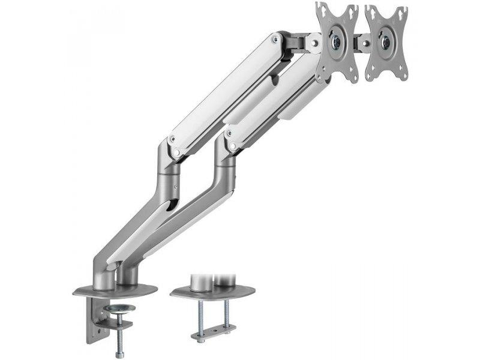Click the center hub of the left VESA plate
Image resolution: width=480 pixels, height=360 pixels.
click(336, 43)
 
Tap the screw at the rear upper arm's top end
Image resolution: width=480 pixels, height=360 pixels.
click(275, 39)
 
